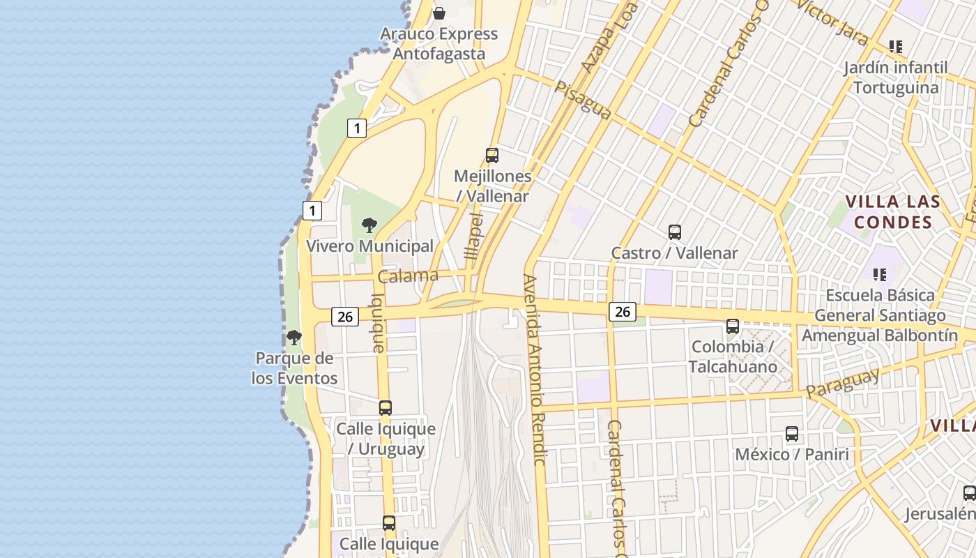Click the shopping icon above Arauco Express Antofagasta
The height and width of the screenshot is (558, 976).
click(x=439, y=13)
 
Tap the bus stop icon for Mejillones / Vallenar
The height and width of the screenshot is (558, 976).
click(x=492, y=156)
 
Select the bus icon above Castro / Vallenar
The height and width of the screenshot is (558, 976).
click(x=674, y=232)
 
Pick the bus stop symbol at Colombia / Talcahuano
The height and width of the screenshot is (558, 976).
click(x=732, y=326)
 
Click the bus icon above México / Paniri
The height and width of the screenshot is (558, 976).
click(x=792, y=434)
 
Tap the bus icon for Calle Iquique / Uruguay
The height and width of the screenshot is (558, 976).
click(x=386, y=408)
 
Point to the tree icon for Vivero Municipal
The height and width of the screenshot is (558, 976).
click(x=369, y=225)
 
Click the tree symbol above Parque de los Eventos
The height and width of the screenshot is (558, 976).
click(x=294, y=338)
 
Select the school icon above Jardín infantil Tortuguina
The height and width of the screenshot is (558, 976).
click(x=896, y=47)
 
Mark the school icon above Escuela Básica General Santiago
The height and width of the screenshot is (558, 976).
click(x=879, y=275)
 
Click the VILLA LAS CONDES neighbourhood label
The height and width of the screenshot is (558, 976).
click(x=893, y=212)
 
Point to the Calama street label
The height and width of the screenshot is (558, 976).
click(x=409, y=276)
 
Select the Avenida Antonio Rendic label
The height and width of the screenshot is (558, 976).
click(x=535, y=370)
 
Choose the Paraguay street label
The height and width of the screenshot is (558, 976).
click(x=842, y=384)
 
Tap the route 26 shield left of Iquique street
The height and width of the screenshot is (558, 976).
click(x=345, y=317)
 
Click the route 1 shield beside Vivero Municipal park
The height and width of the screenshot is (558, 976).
click(x=312, y=210)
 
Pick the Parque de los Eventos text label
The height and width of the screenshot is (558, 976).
click(x=295, y=368)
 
